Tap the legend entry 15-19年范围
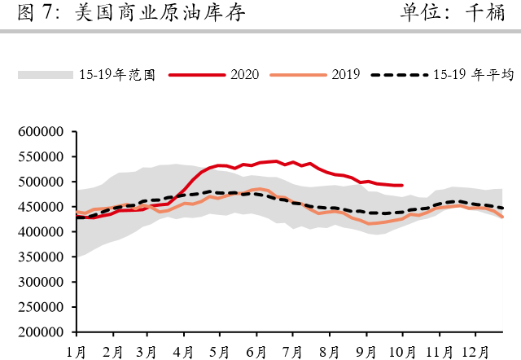[x=119, y=74]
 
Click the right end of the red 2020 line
[x=403, y=185]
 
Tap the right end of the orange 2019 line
[x=502, y=217]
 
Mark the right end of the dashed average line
[x=502, y=209]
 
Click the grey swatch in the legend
[x=46, y=74]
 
